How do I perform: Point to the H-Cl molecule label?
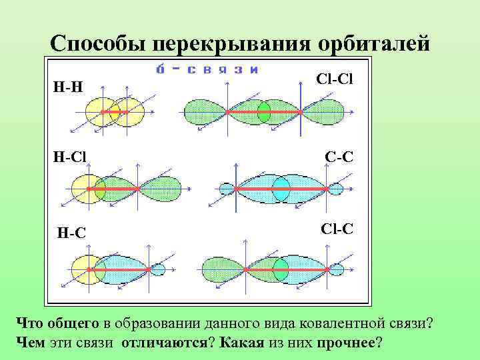point(70,157)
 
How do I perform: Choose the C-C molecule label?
point(339,157)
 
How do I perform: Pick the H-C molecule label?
point(71,233)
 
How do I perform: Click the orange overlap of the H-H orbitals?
point(114,112)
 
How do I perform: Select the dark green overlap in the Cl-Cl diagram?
point(264,113)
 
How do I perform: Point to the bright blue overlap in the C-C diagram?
point(281,189)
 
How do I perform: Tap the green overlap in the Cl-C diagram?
point(281,269)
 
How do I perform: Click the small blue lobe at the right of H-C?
point(157,269)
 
